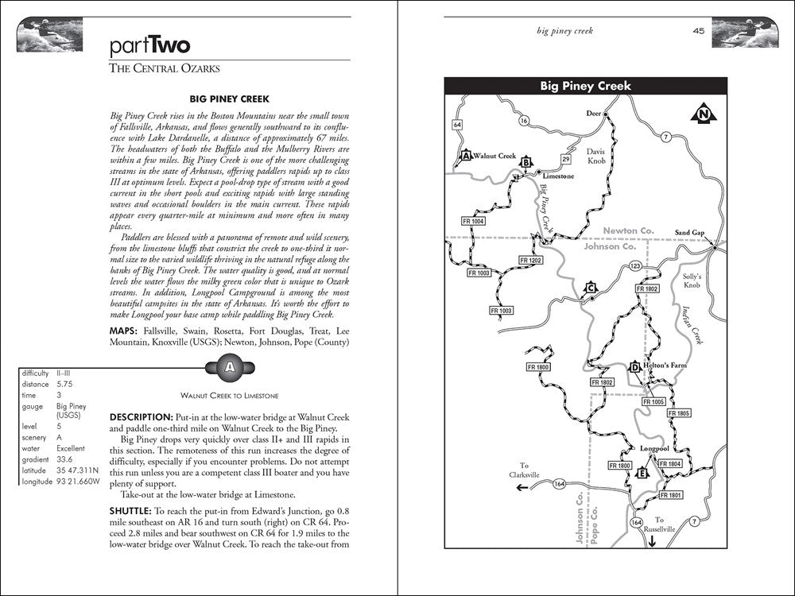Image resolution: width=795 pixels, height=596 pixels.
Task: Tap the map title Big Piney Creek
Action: pyautogui.click(x=586, y=86)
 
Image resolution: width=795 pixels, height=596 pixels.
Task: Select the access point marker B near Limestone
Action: pyautogui.click(x=525, y=163)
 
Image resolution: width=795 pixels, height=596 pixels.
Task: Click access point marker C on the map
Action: pyautogui.click(x=591, y=288)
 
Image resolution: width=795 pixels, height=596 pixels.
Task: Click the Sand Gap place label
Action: pyautogui.click(x=689, y=233)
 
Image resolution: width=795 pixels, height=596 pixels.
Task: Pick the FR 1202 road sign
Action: pyautogui.click(x=529, y=260)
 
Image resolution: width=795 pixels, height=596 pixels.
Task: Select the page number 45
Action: pyautogui.click(x=699, y=31)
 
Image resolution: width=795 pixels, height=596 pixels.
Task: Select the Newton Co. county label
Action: pyautogui.click(x=628, y=230)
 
